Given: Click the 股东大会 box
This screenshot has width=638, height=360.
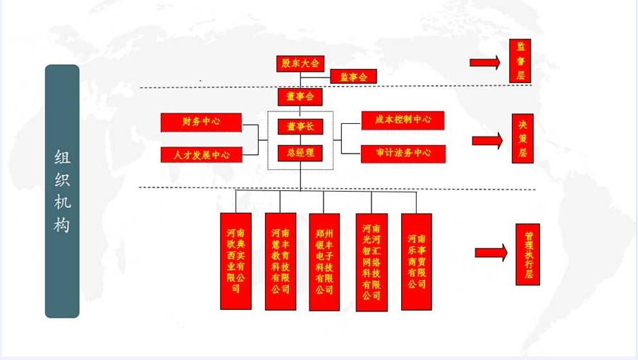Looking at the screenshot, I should pos(300,63).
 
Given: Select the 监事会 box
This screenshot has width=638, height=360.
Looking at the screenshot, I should pos(353,77).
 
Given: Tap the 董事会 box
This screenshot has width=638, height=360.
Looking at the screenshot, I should pos(300,97).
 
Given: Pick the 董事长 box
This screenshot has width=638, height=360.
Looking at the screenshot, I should pos(300,127).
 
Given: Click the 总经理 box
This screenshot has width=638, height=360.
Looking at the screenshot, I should pos(300,153).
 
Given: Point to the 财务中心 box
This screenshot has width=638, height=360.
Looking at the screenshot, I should pos(201,122).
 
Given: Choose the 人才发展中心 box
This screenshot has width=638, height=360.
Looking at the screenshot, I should pos(201,154).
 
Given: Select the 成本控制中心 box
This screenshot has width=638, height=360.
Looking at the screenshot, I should pos(403,120).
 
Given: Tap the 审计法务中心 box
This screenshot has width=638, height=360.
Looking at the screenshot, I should pos(403,153).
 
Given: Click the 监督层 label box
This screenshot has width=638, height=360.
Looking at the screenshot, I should pos(520,61).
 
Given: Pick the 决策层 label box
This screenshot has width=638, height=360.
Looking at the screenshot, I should pos(522,138).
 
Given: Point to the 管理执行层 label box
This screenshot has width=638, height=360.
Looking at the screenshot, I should pos(527,254).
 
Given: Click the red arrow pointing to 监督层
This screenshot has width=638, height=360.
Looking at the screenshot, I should pos(484,63).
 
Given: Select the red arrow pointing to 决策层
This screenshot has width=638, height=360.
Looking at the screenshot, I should pos(486,140).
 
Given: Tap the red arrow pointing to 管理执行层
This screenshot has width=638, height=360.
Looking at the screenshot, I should pos(491,253).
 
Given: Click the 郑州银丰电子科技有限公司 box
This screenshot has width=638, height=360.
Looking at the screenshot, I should pos(324,261).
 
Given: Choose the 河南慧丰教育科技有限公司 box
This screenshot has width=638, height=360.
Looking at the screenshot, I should pos(280,261).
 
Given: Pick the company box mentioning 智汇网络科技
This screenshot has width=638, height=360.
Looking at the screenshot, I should pos(372,261).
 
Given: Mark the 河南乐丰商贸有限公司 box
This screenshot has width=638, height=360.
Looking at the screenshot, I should pos(416,261).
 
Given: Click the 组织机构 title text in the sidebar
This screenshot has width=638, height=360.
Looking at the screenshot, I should pos(62,191).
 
